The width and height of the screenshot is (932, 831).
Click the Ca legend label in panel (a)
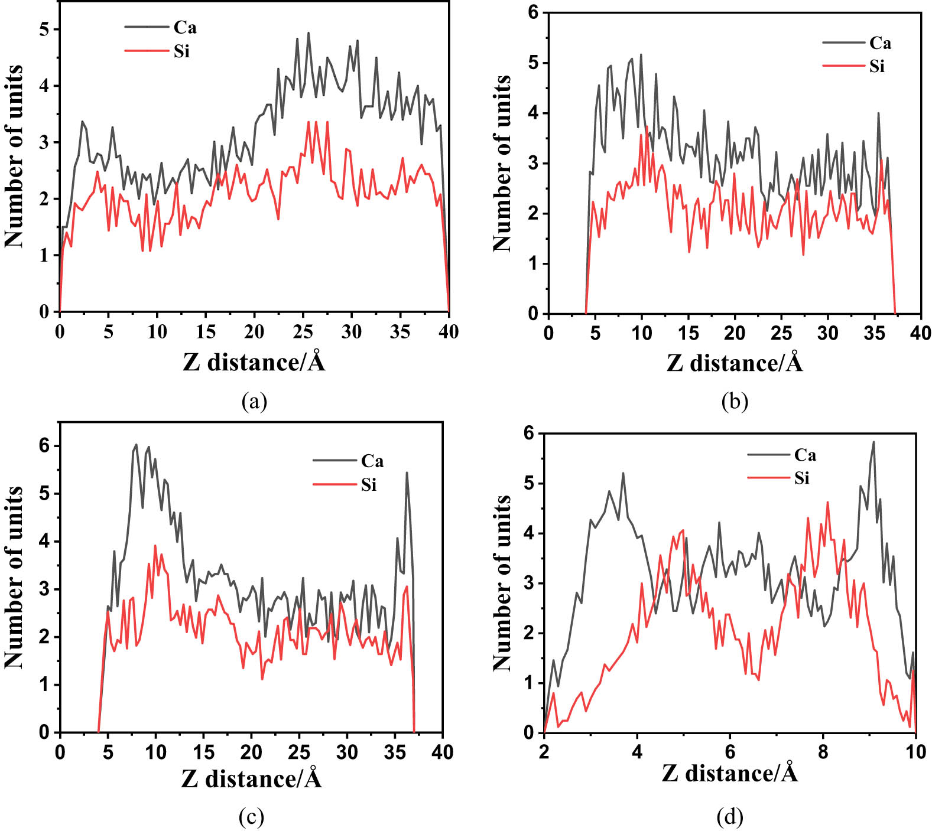185,27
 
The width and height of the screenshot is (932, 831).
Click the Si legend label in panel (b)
877,66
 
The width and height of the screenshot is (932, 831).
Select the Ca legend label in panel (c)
372,461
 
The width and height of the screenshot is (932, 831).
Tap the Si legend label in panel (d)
801,478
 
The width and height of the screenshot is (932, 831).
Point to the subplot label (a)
255,401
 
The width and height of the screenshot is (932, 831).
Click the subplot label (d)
730,817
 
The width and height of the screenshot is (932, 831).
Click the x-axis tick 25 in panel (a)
303,332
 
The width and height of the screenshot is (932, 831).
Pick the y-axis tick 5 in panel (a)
45,30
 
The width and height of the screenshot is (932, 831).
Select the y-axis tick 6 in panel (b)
534,12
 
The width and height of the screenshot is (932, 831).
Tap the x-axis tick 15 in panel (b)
689,334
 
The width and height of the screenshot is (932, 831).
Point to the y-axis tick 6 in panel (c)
45,446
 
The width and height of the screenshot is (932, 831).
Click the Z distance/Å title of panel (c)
252,778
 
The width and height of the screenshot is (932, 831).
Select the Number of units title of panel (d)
502,583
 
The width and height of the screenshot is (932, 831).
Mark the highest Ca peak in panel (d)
873,442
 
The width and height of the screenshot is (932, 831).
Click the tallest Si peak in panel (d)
827,503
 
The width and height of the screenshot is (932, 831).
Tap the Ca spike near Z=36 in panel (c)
407,472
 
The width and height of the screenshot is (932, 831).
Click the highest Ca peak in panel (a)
308,33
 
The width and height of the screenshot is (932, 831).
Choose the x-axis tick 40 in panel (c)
442,752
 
